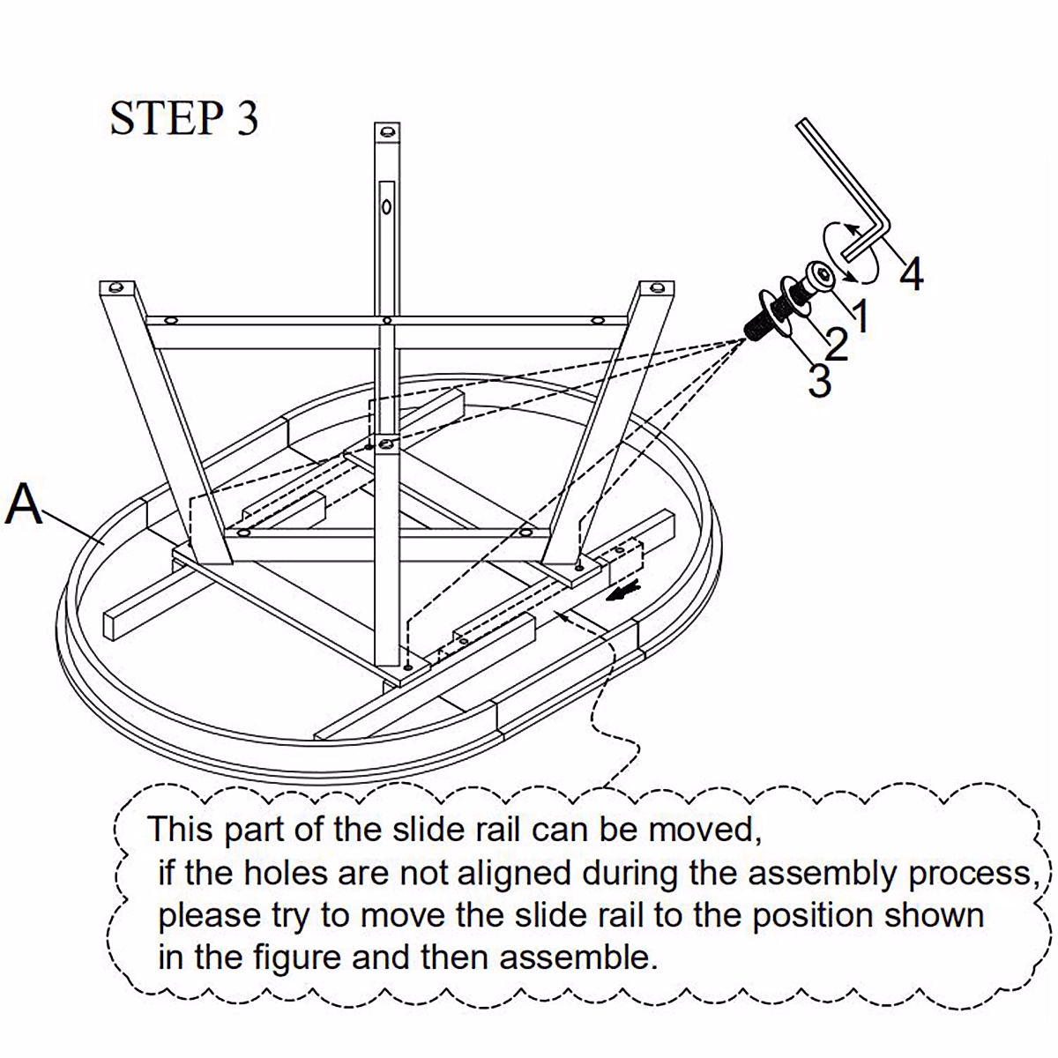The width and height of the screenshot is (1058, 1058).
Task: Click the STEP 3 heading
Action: (x=183, y=119)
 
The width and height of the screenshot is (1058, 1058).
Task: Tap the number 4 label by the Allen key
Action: (x=912, y=274)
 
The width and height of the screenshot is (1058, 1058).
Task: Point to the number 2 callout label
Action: (x=836, y=344)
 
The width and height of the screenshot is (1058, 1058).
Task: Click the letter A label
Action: (x=24, y=506)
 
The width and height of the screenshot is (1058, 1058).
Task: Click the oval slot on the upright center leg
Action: (x=386, y=205)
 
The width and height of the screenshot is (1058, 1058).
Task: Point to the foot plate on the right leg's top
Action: (x=655, y=288)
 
